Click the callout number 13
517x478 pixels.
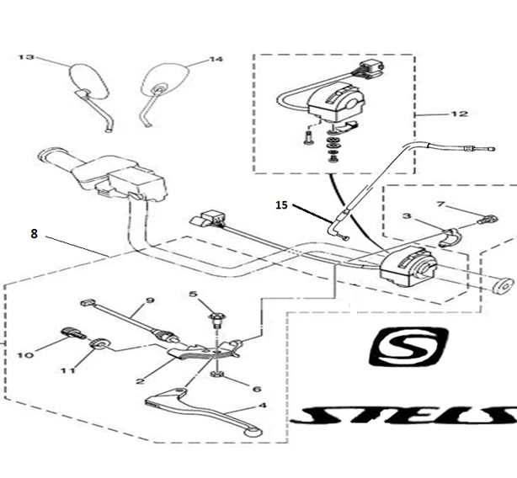pos(26,58)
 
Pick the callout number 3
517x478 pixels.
pos(407,216)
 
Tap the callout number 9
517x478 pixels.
pos(151,300)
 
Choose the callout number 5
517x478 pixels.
pos(193,294)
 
